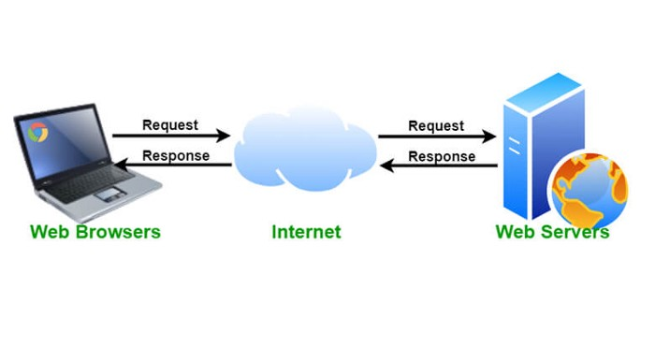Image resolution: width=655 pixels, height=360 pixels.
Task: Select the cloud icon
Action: pos(305,150)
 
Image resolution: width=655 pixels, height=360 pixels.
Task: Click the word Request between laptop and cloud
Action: pos(169,124)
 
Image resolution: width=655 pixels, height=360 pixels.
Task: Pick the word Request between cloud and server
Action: pos(436,125)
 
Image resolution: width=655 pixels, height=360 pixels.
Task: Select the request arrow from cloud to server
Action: pos(437,137)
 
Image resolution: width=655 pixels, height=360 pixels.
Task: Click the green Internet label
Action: pos(306,231)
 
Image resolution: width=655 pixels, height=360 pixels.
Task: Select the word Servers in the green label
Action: pos(573,231)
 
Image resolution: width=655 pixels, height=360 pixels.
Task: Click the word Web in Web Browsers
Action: pos(48,231)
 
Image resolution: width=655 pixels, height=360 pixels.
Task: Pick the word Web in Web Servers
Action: pos(514,231)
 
